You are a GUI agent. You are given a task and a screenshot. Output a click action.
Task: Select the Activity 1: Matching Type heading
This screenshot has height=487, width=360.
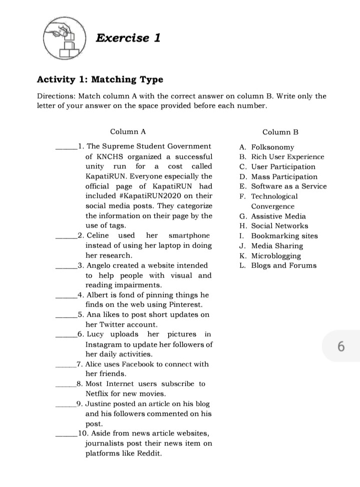tap(100, 80)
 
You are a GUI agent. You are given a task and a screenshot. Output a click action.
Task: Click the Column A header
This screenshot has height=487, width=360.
tap(128, 132)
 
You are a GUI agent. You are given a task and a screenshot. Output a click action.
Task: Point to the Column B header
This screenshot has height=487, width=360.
tap(280, 132)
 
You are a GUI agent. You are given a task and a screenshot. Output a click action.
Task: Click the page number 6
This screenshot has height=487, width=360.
tap(341, 346)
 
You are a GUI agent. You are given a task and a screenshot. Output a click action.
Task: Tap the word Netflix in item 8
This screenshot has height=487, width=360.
tap(101, 394)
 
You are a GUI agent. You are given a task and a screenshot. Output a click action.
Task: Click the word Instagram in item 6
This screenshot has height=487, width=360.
tap(104, 345)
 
